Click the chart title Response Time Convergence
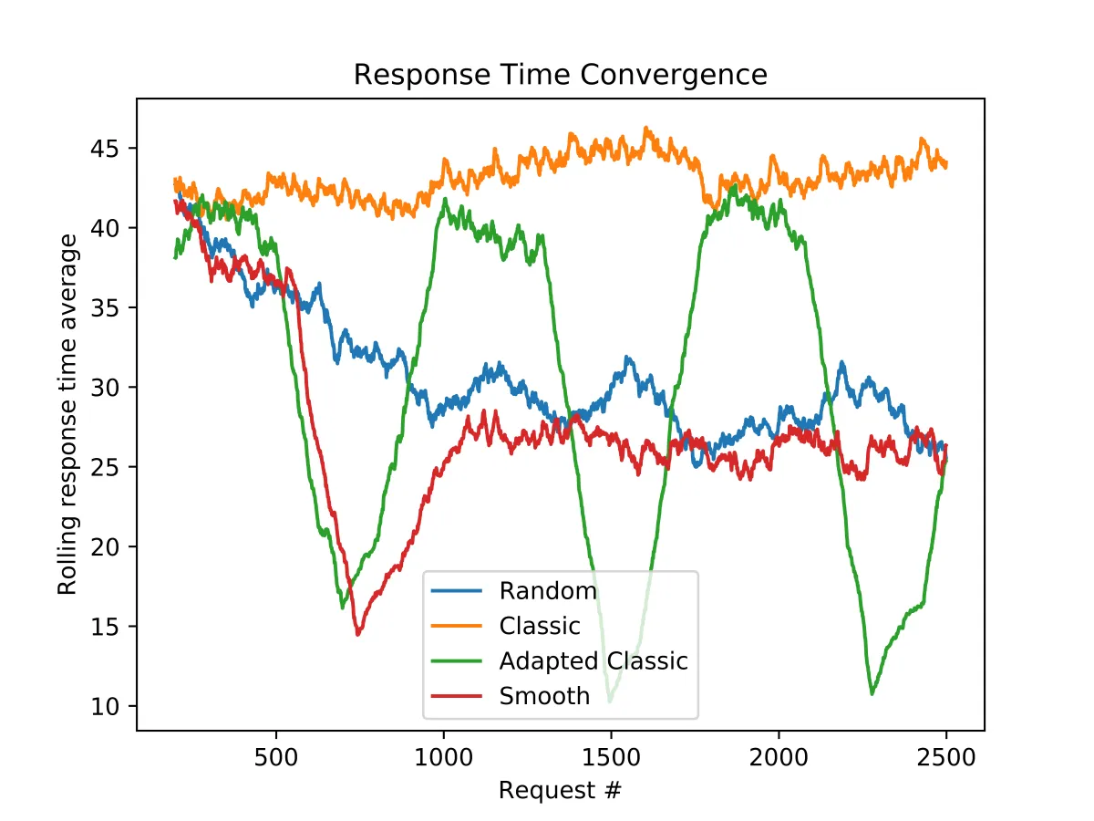click(x=560, y=74)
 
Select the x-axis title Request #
click(x=560, y=790)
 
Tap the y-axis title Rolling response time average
click(x=68, y=414)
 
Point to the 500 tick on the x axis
click(x=276, y=759)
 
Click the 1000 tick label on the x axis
click(x=443, y=759)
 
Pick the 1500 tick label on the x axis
click(x=611, y=759)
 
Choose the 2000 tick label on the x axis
click(x=779, y=759)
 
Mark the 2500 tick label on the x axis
click(x=946, y=759)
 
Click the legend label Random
click(x=548, y=591)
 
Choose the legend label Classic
click(x=540, y=626)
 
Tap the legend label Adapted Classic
click(x=593, y=661)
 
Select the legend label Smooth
click(x=545, y=696)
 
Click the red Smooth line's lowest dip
click(x=358, y=634)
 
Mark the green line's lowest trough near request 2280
click(x=872, y=694)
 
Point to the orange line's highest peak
click(x=646, y=128)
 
